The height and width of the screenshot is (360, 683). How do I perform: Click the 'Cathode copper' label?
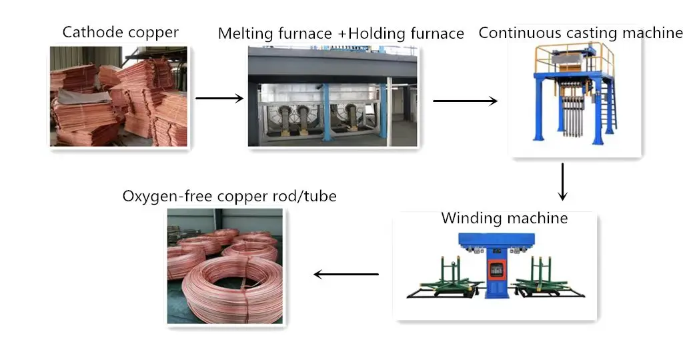tap(121, 32)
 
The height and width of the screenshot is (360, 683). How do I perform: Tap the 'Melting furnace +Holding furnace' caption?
tap(341, 33)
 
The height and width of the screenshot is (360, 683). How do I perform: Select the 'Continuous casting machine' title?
tap(580, 33)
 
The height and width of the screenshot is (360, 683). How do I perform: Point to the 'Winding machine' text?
tap(504, 218)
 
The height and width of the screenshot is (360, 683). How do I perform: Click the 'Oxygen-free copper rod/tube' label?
tap(229, 196)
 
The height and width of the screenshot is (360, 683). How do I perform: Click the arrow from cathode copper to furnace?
tap(219, 99)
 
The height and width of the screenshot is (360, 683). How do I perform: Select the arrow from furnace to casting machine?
tap(465, 101)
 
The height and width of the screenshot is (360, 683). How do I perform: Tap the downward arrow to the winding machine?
tap(562, 181)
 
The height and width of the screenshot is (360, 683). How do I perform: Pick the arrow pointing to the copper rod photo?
tap(346, 274)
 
